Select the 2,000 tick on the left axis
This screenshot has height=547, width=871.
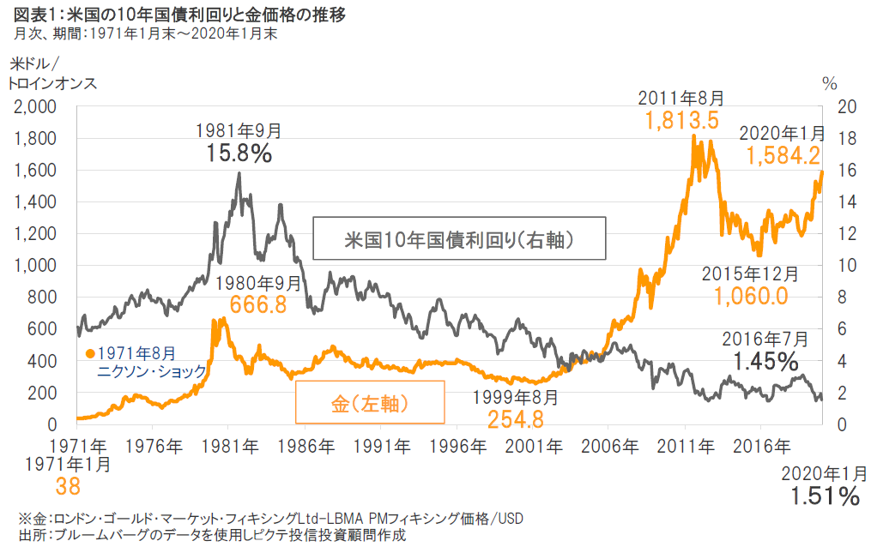pyautogui.click(x=33, y=107)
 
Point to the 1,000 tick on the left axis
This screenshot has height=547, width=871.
pyautogui.click(x=33, y=266)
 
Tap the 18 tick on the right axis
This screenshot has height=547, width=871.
pyautogui.click(x=846, y=139)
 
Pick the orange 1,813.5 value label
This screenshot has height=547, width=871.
pyautogui.click(x=683, y=120)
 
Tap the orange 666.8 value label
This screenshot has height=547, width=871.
pyautogui.click(x=257, y=304)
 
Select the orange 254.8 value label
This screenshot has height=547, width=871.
pyautogui.click(x=515, y=419)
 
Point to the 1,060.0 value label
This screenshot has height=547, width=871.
pyautogui.click(x=750, y=296)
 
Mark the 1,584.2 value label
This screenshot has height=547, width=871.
pyautogui.click(x=783, y=156)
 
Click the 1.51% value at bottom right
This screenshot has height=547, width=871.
pyautogui.click(x=824, y=496)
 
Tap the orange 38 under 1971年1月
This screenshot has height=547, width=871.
pyautogui.click(x=68, y=487)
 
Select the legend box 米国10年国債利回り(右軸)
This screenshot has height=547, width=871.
pyautogui.click(x=458, y=238)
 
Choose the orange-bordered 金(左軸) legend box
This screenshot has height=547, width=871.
pyautogui.click(x=370, y=402)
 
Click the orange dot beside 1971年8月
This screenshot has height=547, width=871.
pyautogui.click(x=89, y=352)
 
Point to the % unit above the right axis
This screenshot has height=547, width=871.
pyautogui.click(x=829, y=84)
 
